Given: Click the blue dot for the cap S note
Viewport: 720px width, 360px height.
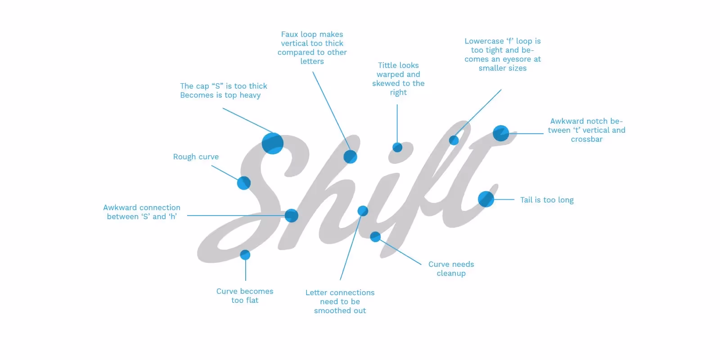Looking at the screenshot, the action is click(272, 144).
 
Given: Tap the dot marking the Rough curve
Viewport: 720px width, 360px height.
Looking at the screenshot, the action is click(243, 183).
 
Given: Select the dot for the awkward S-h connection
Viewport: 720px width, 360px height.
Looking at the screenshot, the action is click(291, 216).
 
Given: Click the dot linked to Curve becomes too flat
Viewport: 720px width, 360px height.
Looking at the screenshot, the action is click(245, 255).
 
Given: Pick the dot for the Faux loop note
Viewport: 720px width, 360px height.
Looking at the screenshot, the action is click(350, 157).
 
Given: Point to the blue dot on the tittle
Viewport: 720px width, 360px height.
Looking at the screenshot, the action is click(397, 147).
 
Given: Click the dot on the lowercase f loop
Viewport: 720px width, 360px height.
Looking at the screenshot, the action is click(454, 140).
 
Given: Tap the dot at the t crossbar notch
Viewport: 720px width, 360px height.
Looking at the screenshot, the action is click(501, 133).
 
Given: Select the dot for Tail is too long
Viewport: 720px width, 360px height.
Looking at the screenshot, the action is click(486, 199).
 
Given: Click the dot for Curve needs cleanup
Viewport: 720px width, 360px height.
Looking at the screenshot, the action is click(375, 237).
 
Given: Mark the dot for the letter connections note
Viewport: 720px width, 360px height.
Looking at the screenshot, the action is click(363, 211).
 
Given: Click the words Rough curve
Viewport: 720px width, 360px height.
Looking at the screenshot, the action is click(196, 157).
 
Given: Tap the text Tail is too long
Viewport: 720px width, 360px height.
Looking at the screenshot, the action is click(547, 200).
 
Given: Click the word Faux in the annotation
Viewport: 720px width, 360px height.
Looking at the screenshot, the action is click(289, 34).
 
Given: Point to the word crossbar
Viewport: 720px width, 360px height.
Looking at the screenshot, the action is click(586, 139).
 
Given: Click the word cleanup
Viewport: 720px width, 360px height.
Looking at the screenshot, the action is click(451, 273).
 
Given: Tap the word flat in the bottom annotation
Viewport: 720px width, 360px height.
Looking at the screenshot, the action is click(252, 300).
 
